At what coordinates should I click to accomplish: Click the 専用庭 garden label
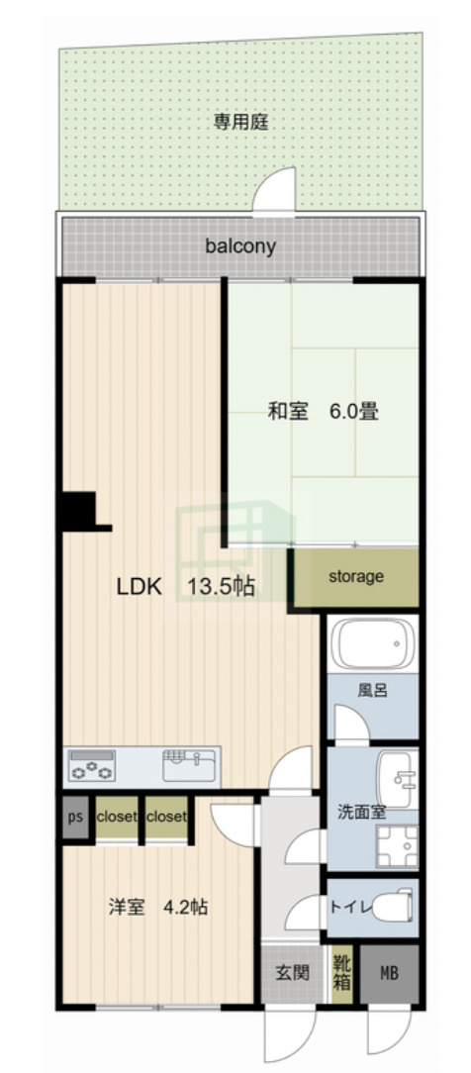tap(241, 123)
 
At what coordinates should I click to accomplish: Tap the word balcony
tap(240, 246)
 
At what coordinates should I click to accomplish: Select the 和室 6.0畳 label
tap(324, 411)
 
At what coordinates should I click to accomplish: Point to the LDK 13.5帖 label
tap(186, 586)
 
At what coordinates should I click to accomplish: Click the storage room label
tap(355, 576)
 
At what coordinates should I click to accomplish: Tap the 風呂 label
tap(373, 690)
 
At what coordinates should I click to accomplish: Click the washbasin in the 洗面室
tap(400, 769)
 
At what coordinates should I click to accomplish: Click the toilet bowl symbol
tap(399, 905)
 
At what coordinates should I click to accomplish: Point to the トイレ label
tap(349, 906)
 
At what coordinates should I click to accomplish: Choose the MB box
tap(389, 973)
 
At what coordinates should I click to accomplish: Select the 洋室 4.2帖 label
tap(158, 906)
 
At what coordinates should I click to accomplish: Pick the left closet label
tap(117, 818)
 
